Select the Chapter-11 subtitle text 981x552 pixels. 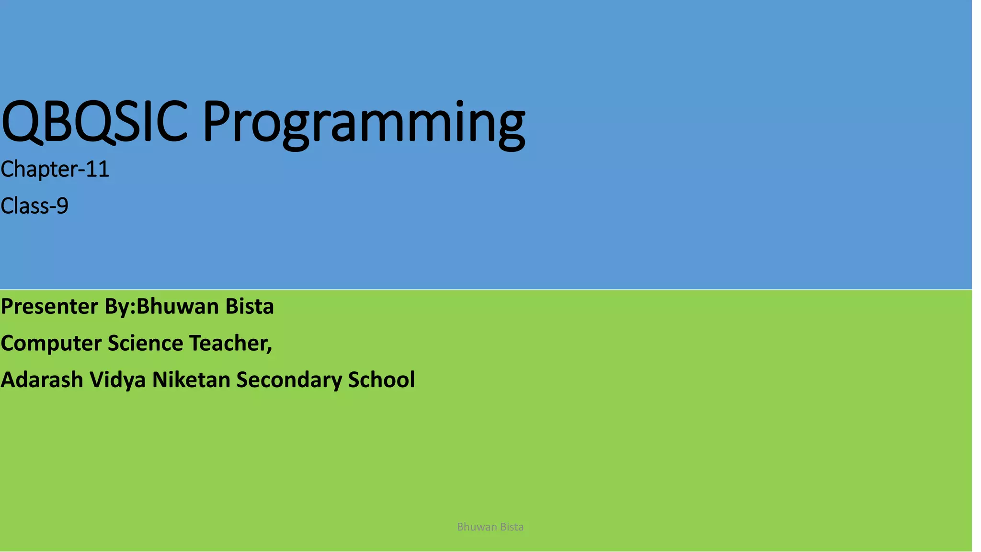pos(55,169)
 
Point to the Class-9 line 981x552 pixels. pos(34,206)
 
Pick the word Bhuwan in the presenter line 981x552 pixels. pos(177,307)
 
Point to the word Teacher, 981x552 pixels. pos(231,344)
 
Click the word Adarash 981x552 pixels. pos(42,380)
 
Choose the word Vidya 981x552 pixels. pos(117,380)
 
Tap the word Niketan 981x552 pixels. pos(191,380)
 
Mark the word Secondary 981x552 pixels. pos(289,380)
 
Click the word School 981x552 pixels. pos(381,380)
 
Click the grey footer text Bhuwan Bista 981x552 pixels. pos(490,527)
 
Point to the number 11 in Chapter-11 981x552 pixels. pos(98,169)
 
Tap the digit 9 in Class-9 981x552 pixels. pos(62,206)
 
